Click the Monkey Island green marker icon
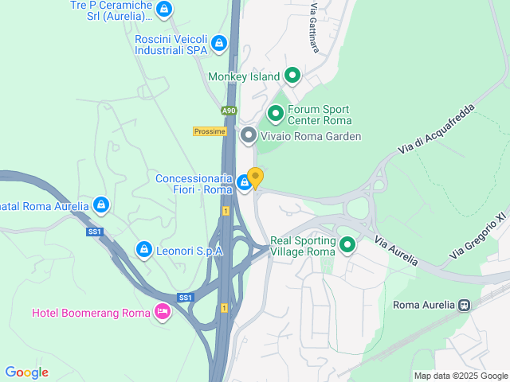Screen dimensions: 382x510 292,76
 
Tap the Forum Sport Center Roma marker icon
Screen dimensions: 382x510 276,115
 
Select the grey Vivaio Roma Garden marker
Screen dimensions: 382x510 248,136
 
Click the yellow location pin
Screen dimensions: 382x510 255,177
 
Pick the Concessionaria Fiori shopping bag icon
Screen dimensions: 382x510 245,184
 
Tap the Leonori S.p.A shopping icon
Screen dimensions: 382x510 144,250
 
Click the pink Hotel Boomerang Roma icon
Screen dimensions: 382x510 163,312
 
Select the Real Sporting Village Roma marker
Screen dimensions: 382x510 347,245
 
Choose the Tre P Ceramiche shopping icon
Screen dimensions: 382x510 163,10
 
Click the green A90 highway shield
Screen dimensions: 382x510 229,111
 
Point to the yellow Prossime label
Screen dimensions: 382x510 210,131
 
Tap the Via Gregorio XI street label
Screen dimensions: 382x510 477,236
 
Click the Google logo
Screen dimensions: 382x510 26,372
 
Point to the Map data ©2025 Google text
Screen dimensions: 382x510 460,376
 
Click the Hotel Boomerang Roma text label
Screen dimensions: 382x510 91,313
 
